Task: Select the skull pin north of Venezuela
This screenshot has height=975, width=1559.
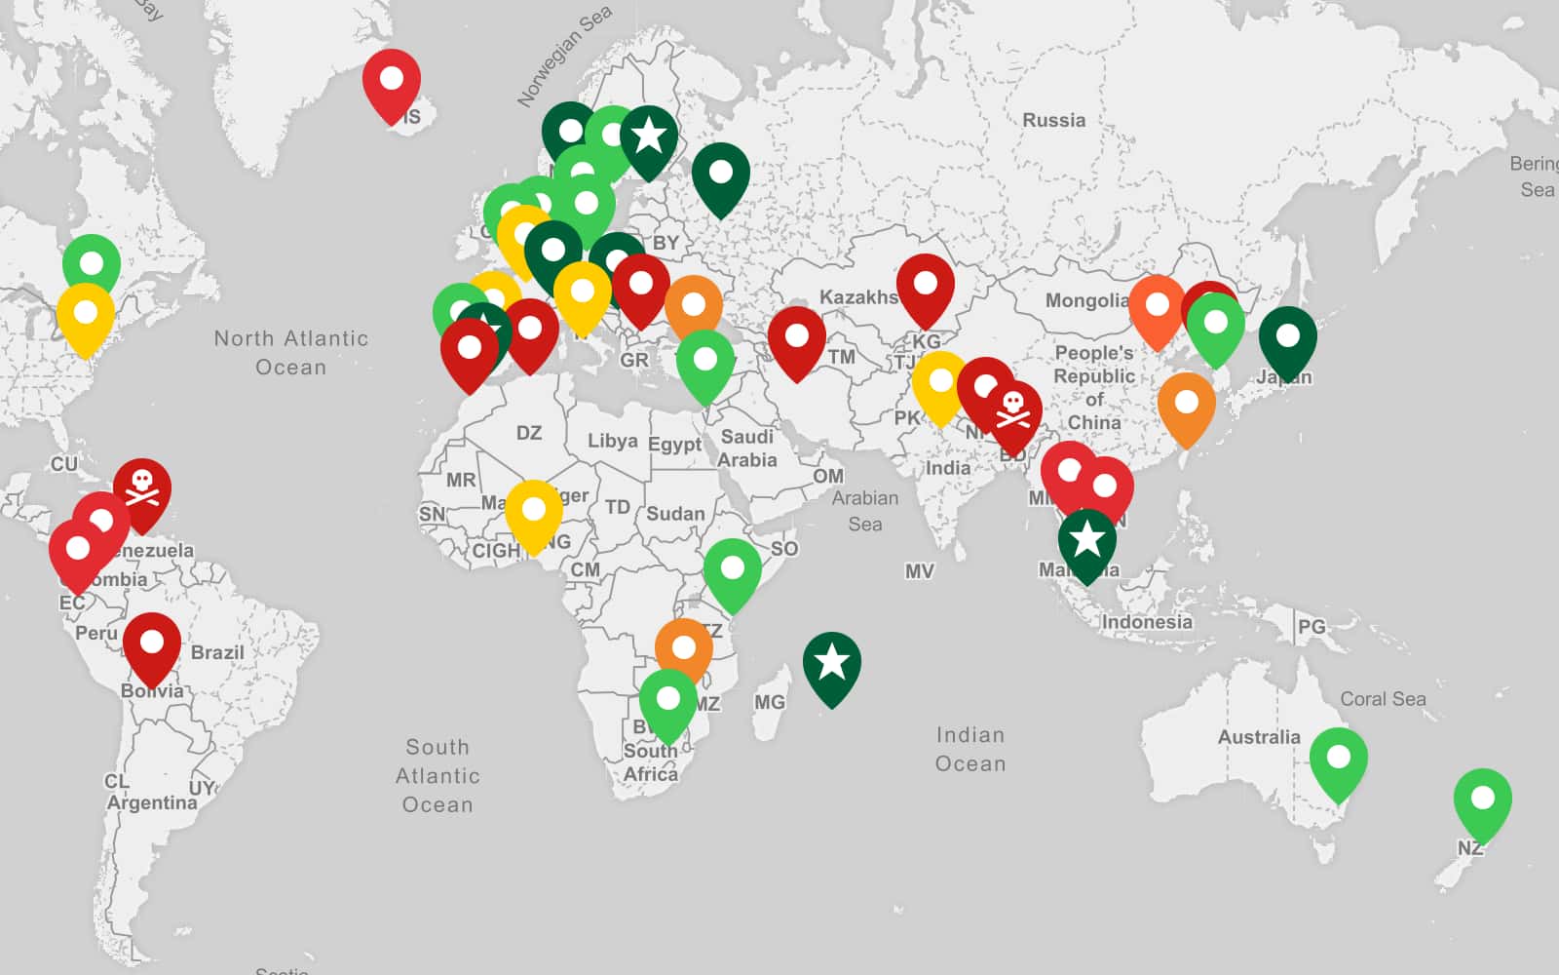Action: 142,487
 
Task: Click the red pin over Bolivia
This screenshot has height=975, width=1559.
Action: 151,644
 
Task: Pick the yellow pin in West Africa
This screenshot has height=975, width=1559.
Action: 533,511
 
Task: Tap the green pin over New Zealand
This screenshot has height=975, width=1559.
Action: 1482,799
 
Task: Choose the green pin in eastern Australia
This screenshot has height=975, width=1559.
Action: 1338,759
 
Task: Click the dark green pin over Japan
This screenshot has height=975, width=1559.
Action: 1287,337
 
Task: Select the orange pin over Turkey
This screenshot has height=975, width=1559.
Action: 693,306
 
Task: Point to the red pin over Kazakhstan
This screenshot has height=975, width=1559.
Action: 925,286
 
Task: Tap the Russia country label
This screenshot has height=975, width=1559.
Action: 1053,120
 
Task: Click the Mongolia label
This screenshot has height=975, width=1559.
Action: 1086,300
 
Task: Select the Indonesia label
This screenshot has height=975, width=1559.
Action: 1147,622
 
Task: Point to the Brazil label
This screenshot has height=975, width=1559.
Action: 217,652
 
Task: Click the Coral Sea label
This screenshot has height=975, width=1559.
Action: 1383,699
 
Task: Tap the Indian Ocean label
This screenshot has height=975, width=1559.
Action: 970,749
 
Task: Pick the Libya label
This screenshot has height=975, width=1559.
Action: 612,441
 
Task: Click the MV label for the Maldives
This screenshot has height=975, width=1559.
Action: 919,571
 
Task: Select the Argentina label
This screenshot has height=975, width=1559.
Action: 152,802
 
